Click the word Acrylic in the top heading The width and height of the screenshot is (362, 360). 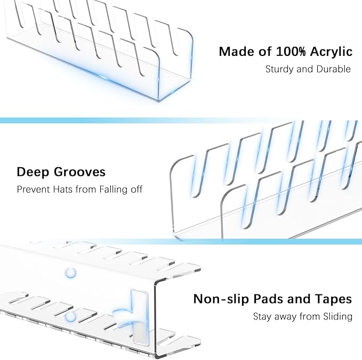tap(331, 52)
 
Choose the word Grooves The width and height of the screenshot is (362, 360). tap(79, 172)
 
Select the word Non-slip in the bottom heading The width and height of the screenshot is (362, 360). tap(221, 299)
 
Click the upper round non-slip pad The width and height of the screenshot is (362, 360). tap(70, 273)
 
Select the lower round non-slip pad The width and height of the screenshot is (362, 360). tap(70, 317)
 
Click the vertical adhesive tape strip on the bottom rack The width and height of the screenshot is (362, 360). tap(140, 317)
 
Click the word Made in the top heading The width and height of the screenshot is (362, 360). tap(237, 52)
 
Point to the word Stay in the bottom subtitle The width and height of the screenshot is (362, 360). tap(262, 317)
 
